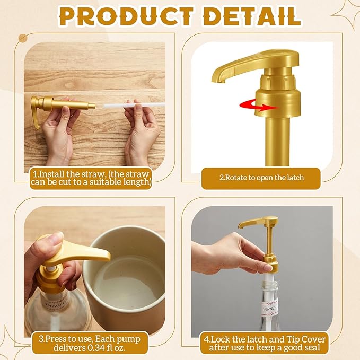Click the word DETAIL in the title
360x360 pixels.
[252, 16]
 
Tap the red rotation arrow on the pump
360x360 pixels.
[259, 106]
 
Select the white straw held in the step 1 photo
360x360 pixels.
[134, 106]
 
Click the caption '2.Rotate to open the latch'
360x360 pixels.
[261, 178]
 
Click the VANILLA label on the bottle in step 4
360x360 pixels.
[269, 308]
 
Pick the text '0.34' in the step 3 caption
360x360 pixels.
[97, 348]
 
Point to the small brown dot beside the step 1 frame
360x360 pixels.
[23, 38]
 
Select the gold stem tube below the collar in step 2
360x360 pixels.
[277, 141]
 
